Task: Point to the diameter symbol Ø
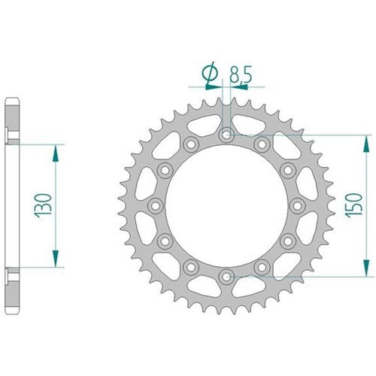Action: [210, 73]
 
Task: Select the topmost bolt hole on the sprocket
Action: [226, 135]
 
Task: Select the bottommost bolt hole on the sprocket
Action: [226, 275]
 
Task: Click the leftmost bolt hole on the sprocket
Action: [156, 205]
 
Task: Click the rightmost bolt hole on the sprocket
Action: [296, 205]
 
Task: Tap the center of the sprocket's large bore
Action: [226, 205]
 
